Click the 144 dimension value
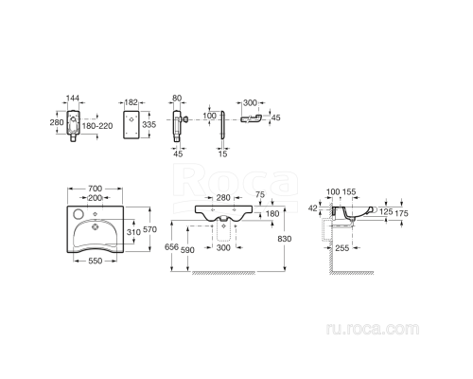[76, 98]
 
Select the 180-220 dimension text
[98, 124]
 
